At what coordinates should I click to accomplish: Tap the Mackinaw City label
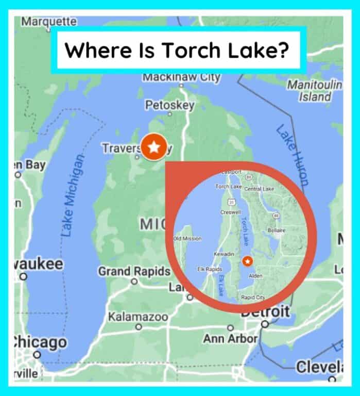click(181, 78)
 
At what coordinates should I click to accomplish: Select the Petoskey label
click(169, 105)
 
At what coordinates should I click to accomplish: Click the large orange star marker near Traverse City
click(153, 148)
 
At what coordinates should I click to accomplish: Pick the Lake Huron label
click(293, 154)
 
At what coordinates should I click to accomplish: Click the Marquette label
click(49, 22)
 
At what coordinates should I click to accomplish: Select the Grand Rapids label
click(134, 271)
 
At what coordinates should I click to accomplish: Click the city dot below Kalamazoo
click(139, 327)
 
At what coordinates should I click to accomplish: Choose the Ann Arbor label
click(230, 339)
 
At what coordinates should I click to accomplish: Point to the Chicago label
click(40, 342)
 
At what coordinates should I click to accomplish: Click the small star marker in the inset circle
click(247, 261)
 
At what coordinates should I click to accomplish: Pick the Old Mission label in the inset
click(187, 239)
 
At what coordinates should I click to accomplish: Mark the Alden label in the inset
click(255, 276)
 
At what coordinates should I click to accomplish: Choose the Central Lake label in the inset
click(260, 189)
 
